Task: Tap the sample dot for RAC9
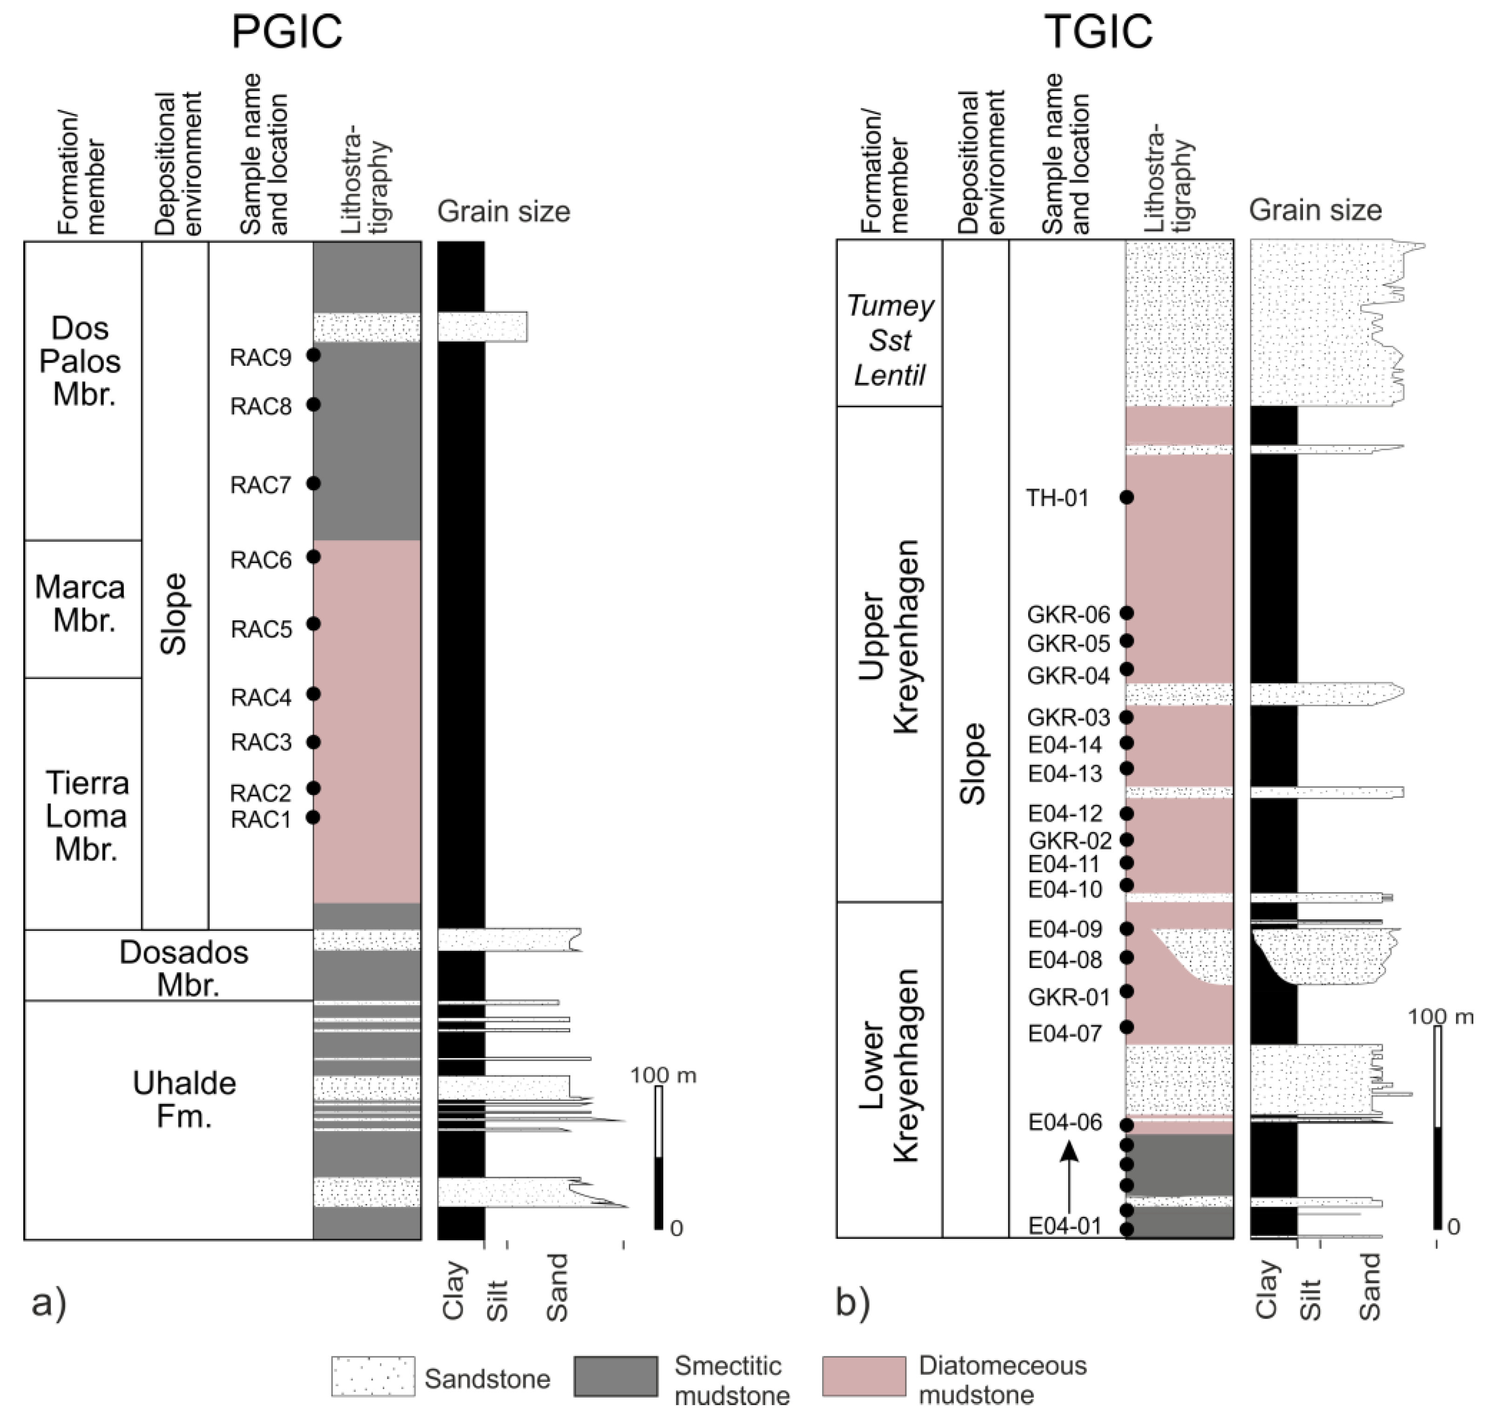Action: pos(313,354)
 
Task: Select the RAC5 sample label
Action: pos(261,629)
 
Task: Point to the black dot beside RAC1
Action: pos(313,817)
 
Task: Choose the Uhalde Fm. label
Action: pos(184,1100)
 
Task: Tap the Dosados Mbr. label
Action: pos(184,968)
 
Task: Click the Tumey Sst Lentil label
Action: pos(890,340)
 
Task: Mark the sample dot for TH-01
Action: pos(1127,498)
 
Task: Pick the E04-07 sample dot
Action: pos(1127,1027)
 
